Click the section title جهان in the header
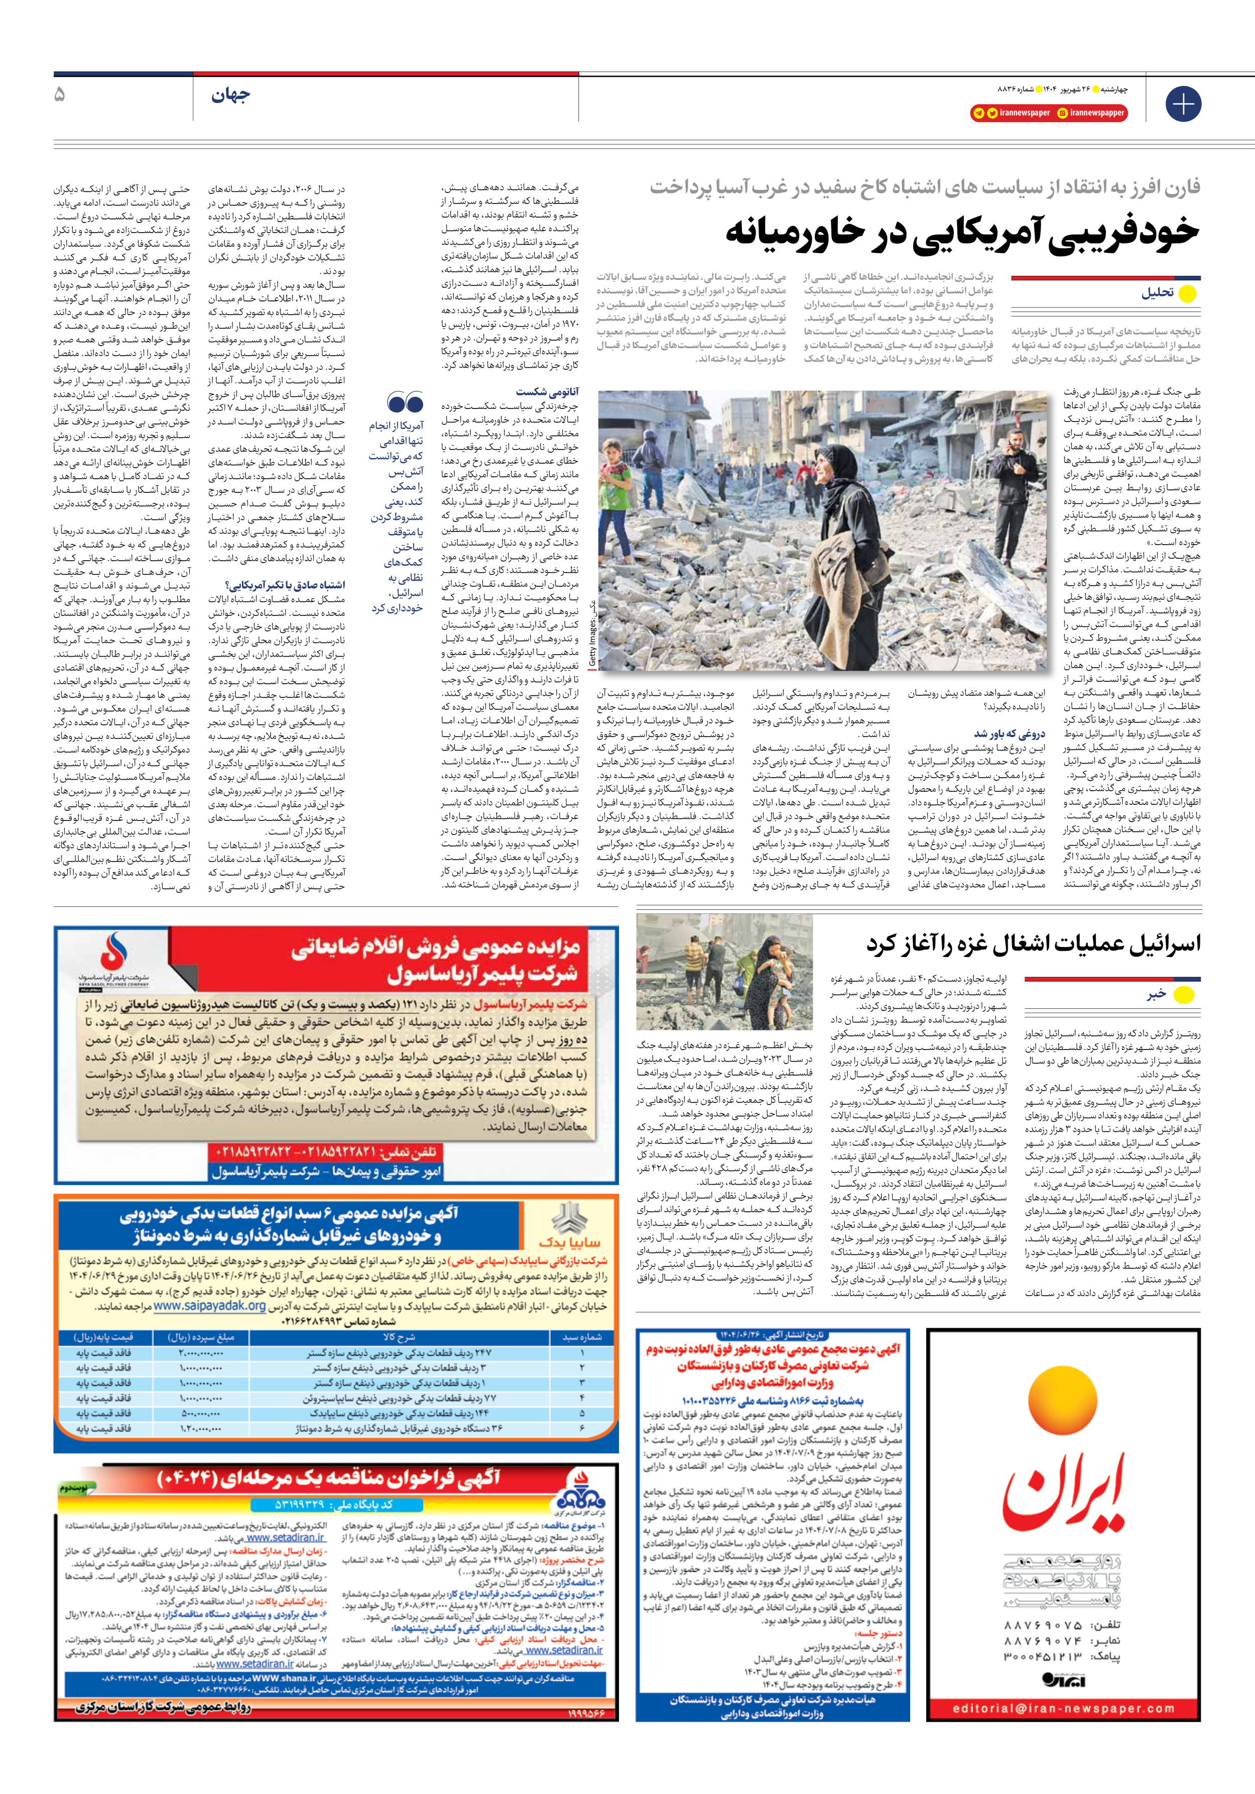(230, 96)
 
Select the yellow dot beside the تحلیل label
(1187, 294)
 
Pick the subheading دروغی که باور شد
(1009, 733)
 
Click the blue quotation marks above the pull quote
(405, 404)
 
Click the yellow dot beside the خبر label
(1184, 995)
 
